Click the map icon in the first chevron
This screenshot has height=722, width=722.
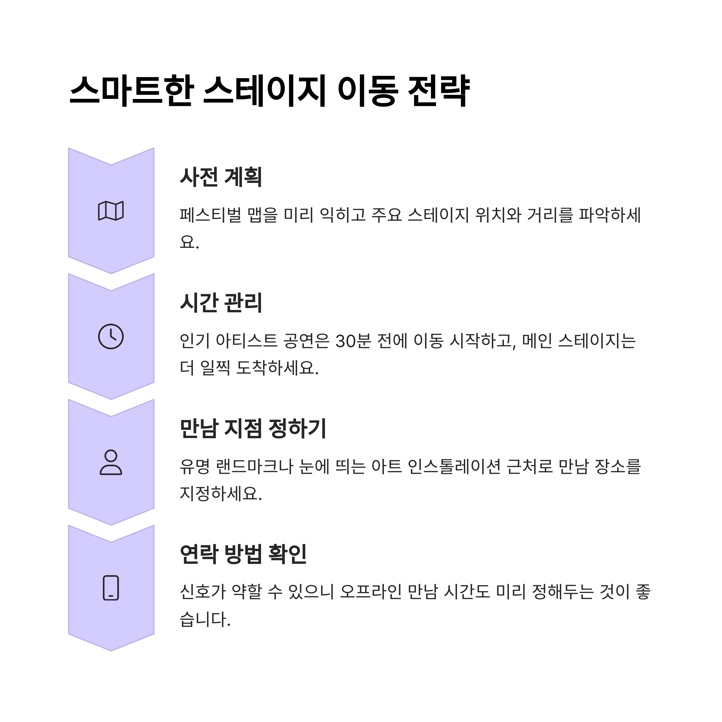pyautogui.click(x=111, y=211)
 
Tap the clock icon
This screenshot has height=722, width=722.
pyautogui.click(x=111, y=336)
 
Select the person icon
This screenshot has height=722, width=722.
pyautogui.click(x=111, y=462)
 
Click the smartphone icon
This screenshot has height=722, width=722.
pyautogui.click(x=111, y=588)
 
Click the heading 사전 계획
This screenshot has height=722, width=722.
pyautogui.click(x=221, y=177)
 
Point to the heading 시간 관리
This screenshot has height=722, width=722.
pyautogui.click(x=221, y=302)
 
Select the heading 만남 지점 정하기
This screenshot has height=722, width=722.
pyautogui.click(x=253, y=428)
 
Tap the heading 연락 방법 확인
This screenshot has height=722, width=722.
pyautogui.click(x=243, y=554)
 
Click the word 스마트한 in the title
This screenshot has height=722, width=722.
pyautogui.click(x=131, y=91)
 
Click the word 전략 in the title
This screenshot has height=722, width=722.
pyautogui.click(x=438, y=91)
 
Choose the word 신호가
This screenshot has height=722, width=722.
pyautogui.click(x=202, y=592)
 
